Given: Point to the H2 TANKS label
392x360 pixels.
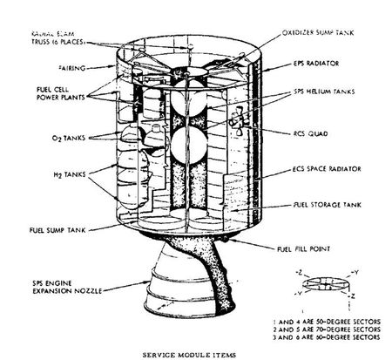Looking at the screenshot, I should point(46,175).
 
